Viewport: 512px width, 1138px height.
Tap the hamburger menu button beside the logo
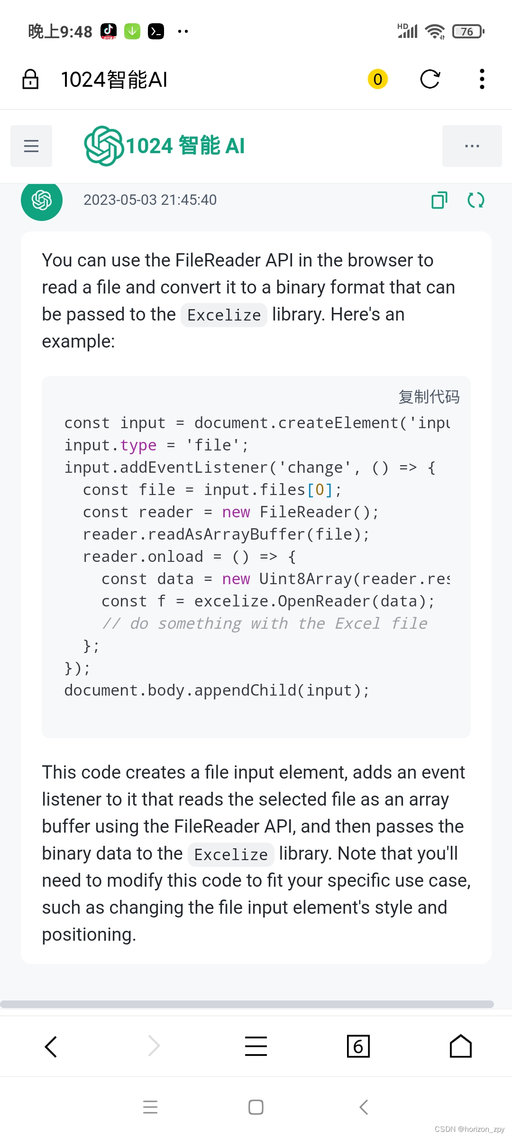click(31, 146)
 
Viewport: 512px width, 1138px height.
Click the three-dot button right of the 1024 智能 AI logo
click(472, 146)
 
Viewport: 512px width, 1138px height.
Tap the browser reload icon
click(430, 79)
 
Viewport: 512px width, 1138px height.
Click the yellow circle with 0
click(378, 79)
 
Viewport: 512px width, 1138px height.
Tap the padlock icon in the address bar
click(30, 79)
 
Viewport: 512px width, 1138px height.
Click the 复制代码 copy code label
click(429, 397)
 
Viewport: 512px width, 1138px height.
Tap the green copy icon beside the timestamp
click(439, 200)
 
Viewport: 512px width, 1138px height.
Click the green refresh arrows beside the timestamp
click(475, 200)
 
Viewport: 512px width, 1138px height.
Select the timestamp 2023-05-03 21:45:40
click(150, 200)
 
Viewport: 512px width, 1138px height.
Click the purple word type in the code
click(138, 445)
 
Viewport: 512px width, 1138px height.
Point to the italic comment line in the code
click(265, 624)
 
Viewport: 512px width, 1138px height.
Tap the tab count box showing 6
click(358, 1046)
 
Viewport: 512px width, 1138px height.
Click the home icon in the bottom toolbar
click(460, 1046)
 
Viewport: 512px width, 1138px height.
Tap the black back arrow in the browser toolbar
click(51, 1046)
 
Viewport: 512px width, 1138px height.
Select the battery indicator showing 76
click(468, 32)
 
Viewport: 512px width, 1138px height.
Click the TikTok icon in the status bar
click(109, 31)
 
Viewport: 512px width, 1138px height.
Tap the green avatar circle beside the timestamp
click(42, 200)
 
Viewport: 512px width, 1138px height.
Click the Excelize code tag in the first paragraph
click(224, 315)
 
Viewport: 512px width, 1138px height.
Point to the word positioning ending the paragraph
click(89, 935)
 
